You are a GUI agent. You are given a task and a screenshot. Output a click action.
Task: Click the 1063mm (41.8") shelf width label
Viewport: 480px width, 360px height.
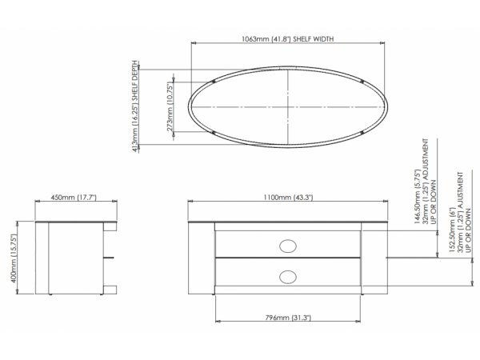point(287,39)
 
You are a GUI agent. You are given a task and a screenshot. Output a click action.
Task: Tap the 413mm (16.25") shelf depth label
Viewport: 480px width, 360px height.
point(135,106)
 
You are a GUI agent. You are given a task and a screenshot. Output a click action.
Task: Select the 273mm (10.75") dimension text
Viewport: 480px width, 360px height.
point(170,107)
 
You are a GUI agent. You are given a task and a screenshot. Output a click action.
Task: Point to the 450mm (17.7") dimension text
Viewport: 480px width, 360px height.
point(74,197)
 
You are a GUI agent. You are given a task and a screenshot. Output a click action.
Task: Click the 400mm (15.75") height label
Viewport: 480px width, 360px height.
point(14,258)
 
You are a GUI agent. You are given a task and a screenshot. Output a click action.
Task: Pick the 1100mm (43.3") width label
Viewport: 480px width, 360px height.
point(288,197)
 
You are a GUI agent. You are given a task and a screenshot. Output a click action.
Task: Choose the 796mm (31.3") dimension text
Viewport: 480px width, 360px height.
point(288,318)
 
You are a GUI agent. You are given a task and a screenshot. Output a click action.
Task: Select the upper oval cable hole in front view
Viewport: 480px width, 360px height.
point(288,246)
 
